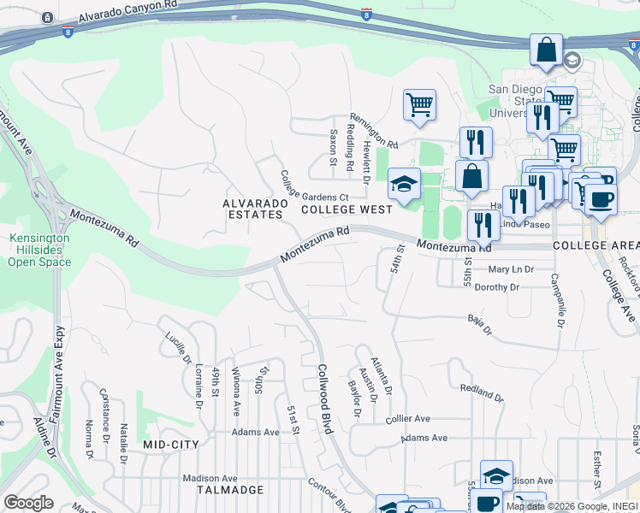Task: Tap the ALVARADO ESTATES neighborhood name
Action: pyautogui.click(x=252, y=209)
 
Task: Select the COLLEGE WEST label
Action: pyautogui.click(x=346, y=209)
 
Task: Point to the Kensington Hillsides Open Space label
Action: pyautogui.click(x=39, y=251)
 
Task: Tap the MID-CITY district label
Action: pyautogui.click(x=170, y=445)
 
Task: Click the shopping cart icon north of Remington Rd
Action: pyautogui.click(x=419, y=105)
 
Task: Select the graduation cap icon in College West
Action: pyautogui.click(x=404, y=183)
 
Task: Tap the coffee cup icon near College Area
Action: pyautogui.click(x=601, y=199)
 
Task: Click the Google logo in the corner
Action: pyautogui.click(x=28, y=503)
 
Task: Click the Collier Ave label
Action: pyautogui.click(x=407, y=419)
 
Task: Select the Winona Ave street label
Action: pyautogui.click(x=237, y=392)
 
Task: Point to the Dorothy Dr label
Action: pyautogui.click(x=496, y=288)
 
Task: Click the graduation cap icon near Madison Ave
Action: pyautogui.click(x=496, y=475)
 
